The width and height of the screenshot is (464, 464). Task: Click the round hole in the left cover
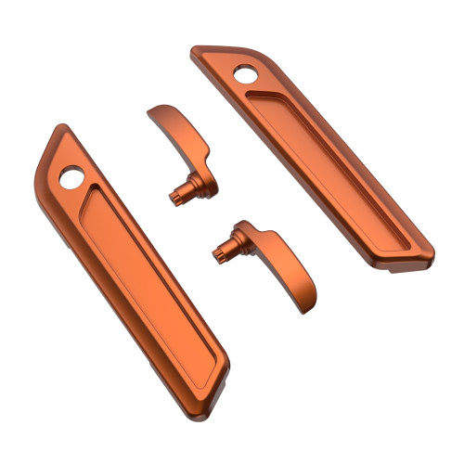coord(71,175)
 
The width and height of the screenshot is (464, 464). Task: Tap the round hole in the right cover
coord(247,75)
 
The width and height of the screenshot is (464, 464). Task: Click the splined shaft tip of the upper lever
coord(174,196)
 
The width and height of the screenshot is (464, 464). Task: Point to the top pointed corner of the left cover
coord(63,127)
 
